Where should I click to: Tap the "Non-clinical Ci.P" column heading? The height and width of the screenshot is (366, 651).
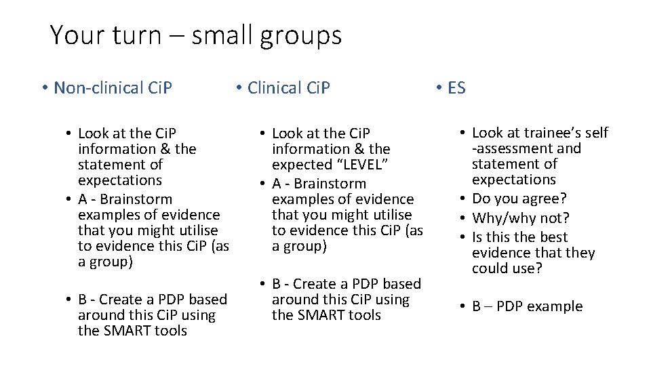click(113, 87)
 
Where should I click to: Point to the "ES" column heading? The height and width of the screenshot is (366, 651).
click(456, 87)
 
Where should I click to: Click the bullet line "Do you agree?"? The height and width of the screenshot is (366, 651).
click(519, 199)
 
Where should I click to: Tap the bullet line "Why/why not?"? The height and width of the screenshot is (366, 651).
click(520, 218)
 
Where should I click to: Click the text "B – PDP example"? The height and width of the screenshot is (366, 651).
click(527, 306)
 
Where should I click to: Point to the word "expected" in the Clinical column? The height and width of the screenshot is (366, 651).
click(298, 165)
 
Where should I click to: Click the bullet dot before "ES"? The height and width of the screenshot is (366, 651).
click(439, 87)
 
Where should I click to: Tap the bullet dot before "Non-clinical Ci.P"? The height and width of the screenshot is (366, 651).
click(43, 87)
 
